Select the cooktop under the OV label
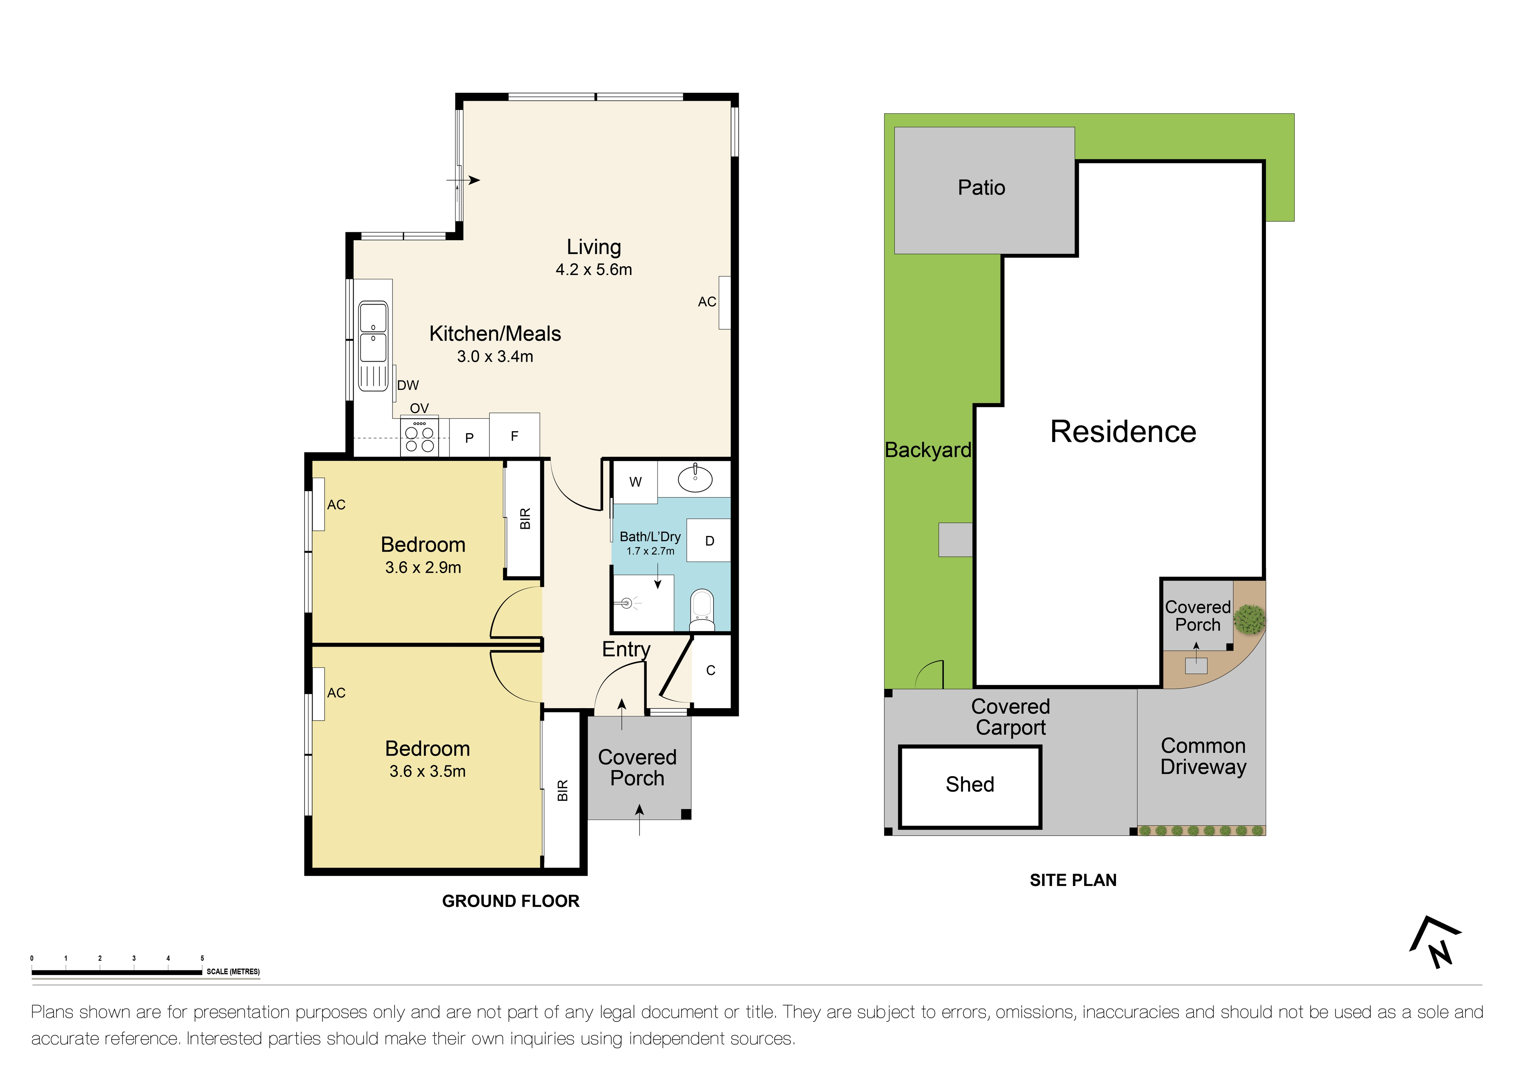click(x=420, y=438)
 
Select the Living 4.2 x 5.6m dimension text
click(x=594, y=269)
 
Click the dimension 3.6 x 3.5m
click(x=427, y=771)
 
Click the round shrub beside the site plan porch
click(x=1249, y=619)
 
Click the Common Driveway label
click(x=1203, y=756)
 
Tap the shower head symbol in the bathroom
click(x=626, y=604)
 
